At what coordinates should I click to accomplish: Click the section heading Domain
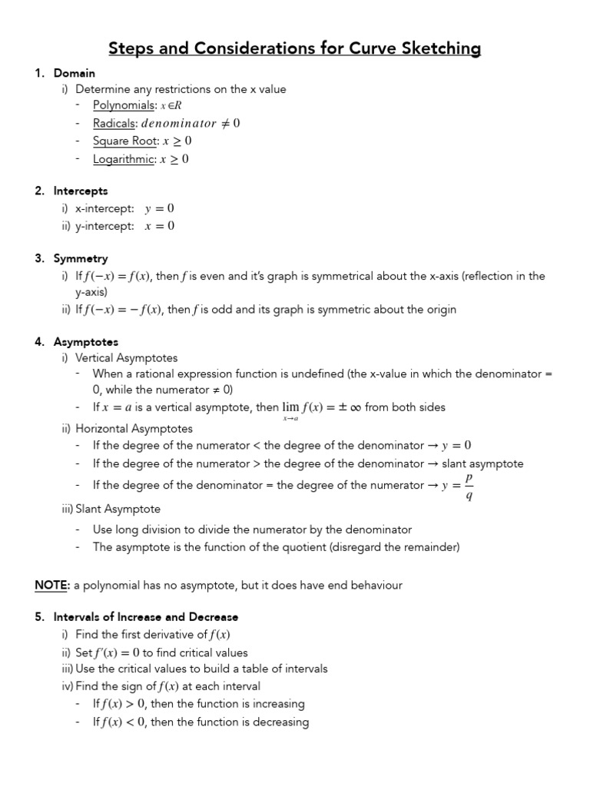(x=74, y=73)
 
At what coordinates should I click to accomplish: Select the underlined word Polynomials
(x=123, y=105)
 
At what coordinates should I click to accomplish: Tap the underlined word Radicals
(x=114, y=123)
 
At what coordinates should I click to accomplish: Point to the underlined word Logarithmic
(x=123, y=159)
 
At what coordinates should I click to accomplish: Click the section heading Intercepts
(x=81, y=191)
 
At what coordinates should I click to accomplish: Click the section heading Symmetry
(x=81, y=258)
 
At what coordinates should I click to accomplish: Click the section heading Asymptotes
(x=85, y=341)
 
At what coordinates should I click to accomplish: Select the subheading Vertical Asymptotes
(x=126, y=357)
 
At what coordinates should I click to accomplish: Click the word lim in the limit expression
(x=290, y=407)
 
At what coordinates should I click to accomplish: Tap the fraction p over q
(x=469, y=486)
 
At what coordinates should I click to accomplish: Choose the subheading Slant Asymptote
(x=118, y=509)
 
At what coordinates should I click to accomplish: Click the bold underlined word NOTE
(x=51, y=585)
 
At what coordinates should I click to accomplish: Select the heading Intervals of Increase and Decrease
(x=146, y=616)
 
